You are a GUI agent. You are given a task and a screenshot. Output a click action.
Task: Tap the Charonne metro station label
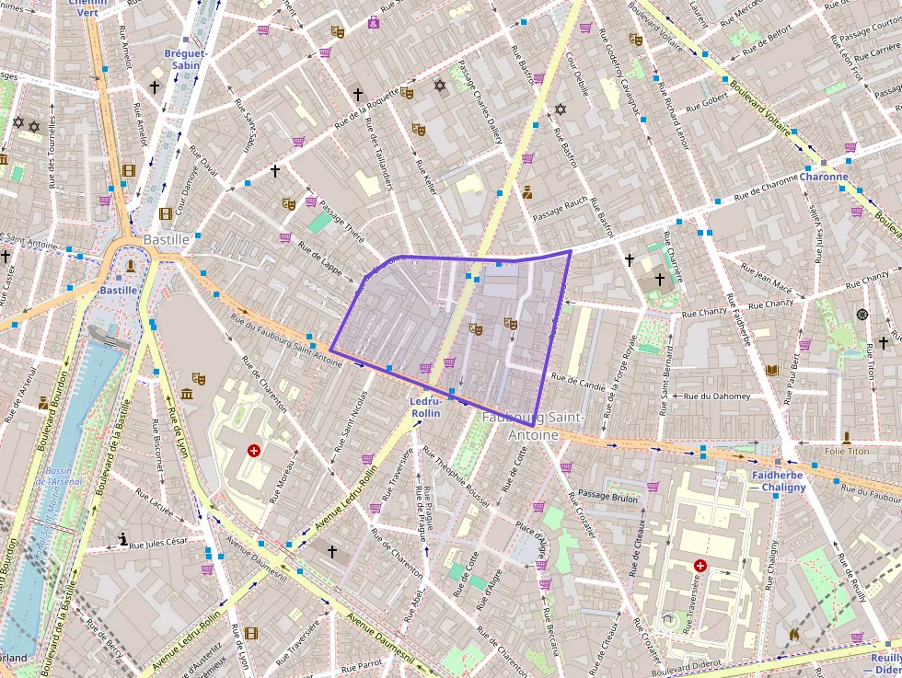[823, 177]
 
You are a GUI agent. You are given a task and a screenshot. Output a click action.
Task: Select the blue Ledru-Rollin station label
[427, 408]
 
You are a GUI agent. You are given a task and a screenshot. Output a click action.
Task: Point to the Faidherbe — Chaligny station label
[779, 481]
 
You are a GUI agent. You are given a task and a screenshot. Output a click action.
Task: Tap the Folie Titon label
[847, 451]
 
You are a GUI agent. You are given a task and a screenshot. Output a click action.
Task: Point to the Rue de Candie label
[578, 377]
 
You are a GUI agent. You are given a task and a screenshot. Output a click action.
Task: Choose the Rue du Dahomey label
[717, 396]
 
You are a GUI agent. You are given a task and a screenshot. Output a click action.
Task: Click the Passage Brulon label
[607, 497]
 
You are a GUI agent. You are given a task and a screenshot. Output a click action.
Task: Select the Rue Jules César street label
[158, 543]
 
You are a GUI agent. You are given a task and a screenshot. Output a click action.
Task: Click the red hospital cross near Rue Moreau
[254, 451]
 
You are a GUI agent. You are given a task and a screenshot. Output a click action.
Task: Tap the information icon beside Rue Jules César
[123, 539]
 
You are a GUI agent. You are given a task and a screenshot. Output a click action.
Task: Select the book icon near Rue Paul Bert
[772, 370]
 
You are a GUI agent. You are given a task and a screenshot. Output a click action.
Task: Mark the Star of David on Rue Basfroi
[560, 109]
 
